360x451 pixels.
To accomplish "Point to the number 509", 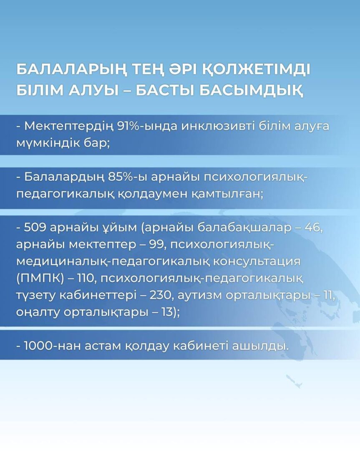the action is pyautogui.click(x=35, y=228).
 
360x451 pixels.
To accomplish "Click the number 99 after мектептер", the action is pyautogui.click(x=159, y=244).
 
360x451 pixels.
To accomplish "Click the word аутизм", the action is pyautogui.click(x=200, y=295).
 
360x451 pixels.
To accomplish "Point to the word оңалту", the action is pyautogui.click(x=38, y=312).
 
